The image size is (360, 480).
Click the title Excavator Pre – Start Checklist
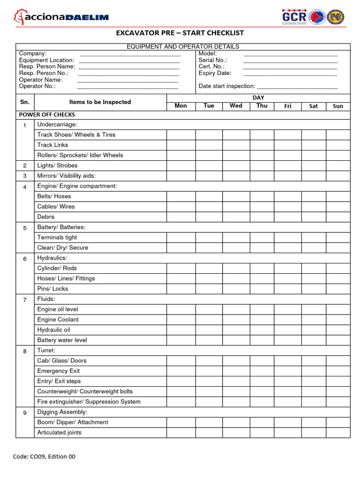(x=180, y=33)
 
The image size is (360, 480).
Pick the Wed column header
(x=236, y=106)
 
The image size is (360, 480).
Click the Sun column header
(x=337, y=106)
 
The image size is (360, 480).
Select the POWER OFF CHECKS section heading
(x=47, y=115)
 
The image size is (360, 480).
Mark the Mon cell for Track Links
(x=181, y=145)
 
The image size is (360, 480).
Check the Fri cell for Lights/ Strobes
(x=287, y=165)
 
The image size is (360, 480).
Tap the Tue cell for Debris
(x=209, y=217)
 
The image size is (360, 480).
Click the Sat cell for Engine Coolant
(x=313, y=320)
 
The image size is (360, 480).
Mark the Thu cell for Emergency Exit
(x=262, y=371)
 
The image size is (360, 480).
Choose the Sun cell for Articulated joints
(x=337, y=433)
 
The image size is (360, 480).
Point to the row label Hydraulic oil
(x=53, y=330)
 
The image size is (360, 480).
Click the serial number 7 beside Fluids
(x=25, y=300)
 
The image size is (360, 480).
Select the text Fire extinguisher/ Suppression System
(x=89, y=402)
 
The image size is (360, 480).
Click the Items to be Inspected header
(x=100, y=102)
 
